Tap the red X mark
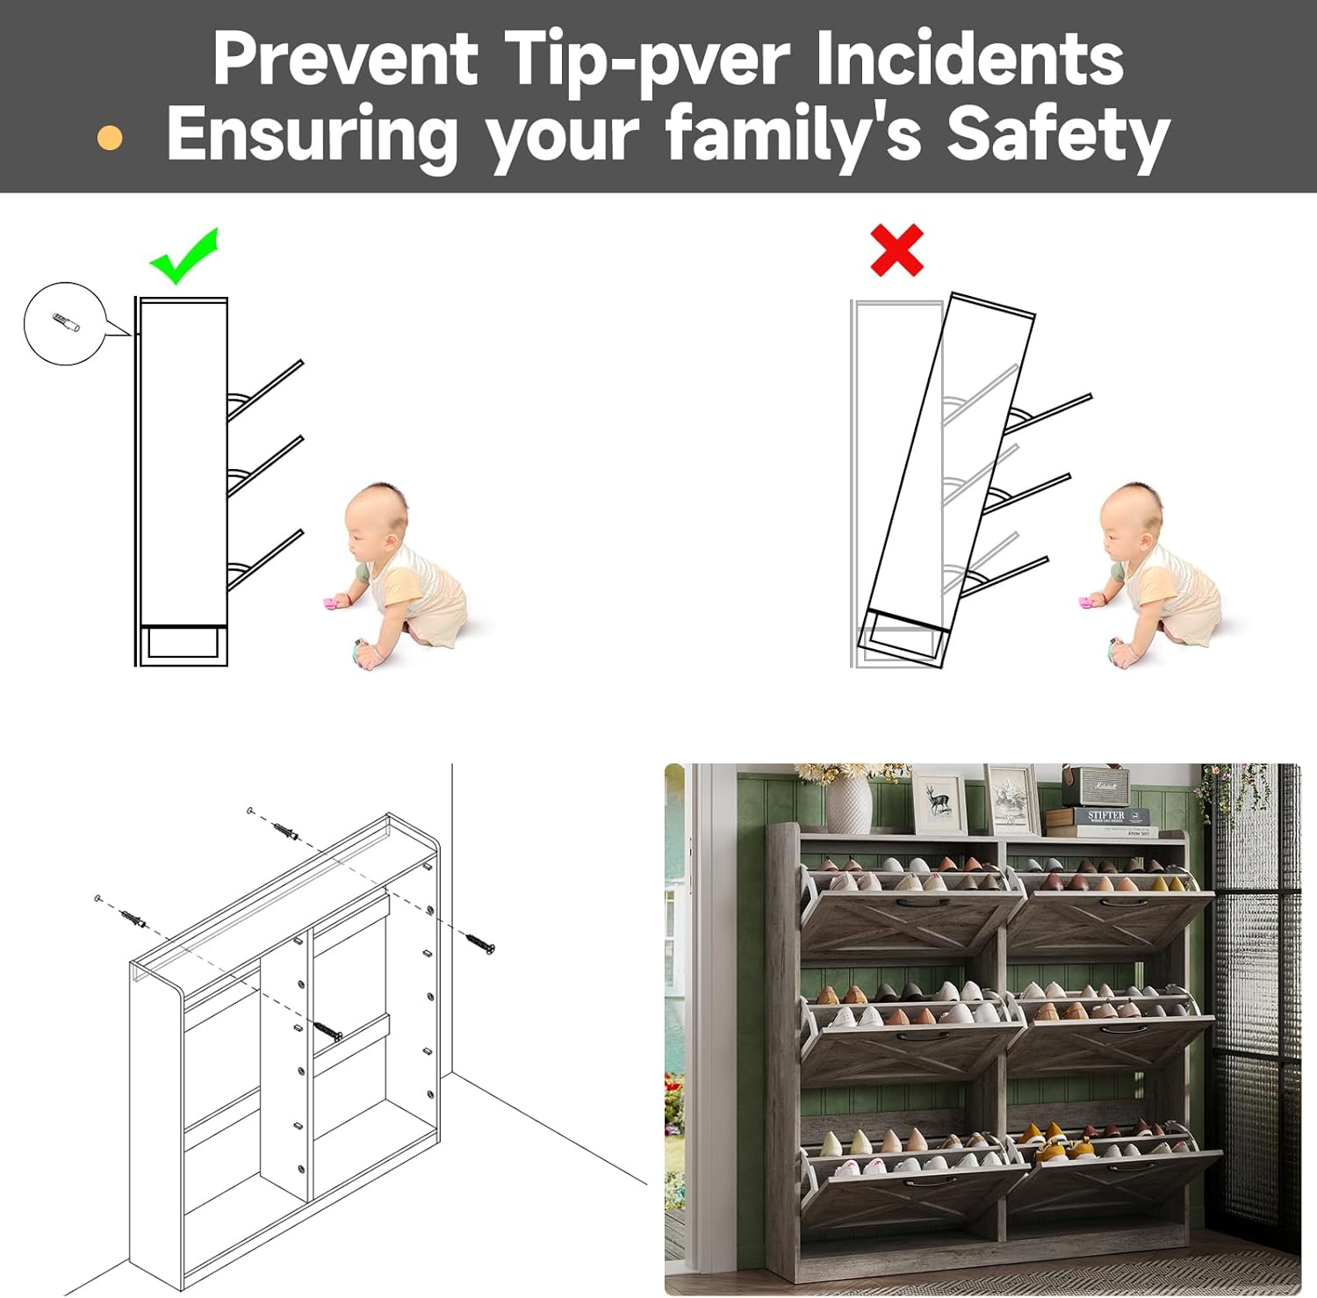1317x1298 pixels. (x=896, y=250)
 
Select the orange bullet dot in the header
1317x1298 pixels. (x=110, y=138)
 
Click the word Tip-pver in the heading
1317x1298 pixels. (x=648, y=60)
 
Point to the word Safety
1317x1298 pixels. (x=1058, y=136)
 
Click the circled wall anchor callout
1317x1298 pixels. (x=65, y=323)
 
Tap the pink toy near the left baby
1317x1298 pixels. (x=334, y=602)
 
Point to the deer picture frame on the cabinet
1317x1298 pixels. (x=939, y=801)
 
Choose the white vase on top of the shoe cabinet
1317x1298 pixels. (x=848, y=802)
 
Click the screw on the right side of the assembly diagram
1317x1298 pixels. (x=479, y=943)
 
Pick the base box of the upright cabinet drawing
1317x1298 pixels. (x=183, y=643)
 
